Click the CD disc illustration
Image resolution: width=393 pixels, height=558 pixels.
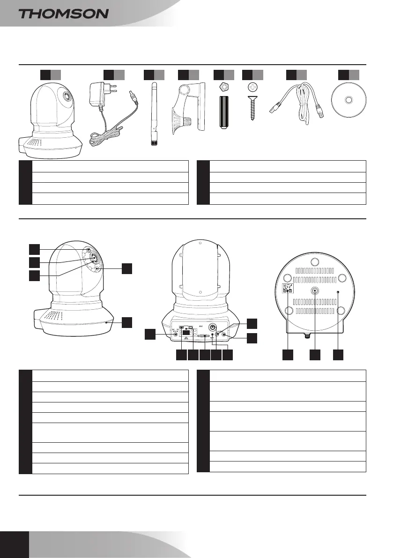point(349,100)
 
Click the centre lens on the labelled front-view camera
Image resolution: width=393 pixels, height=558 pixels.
point(93,257)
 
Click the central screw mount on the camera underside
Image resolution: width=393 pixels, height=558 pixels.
point(315,290)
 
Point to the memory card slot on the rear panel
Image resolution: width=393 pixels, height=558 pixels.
point(204,336)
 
